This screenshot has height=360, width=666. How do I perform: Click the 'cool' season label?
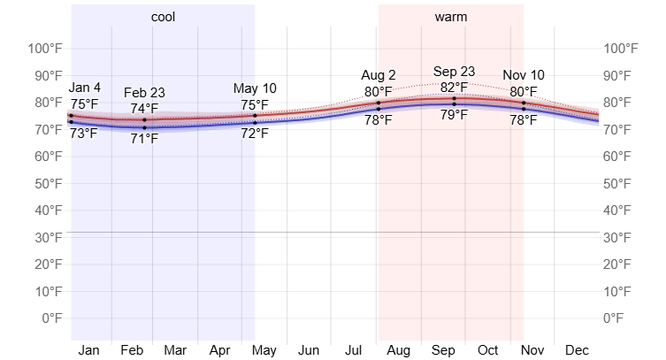[x=163, y=17]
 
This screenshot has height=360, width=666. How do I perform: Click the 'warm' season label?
[x=451, y=17]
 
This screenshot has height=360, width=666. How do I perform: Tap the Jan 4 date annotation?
[x=85, y=88]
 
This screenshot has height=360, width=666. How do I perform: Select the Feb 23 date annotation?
[x=144, y=93]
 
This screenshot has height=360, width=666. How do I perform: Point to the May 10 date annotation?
[x=255, y=88]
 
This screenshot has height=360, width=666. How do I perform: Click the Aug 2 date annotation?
[x=379, y=75]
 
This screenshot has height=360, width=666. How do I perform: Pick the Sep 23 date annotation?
[x=454, y=72]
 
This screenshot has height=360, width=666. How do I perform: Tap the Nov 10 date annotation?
[x=524, y=75]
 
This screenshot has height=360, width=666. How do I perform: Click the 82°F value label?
[x=454, y=87]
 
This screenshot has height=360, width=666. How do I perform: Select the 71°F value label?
[x=144, y=139]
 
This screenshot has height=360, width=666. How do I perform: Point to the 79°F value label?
[x=454, y=115]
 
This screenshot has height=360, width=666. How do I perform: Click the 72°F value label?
[x=255, y=134]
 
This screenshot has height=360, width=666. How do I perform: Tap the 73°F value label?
[x=84, y=134]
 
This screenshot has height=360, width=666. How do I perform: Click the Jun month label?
[x=309, y=350]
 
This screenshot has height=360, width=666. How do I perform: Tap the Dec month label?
[x=577, y=350]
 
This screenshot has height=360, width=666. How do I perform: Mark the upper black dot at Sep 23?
[x=454, y=98]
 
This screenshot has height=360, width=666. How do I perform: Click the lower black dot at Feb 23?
[x=144, y=128]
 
